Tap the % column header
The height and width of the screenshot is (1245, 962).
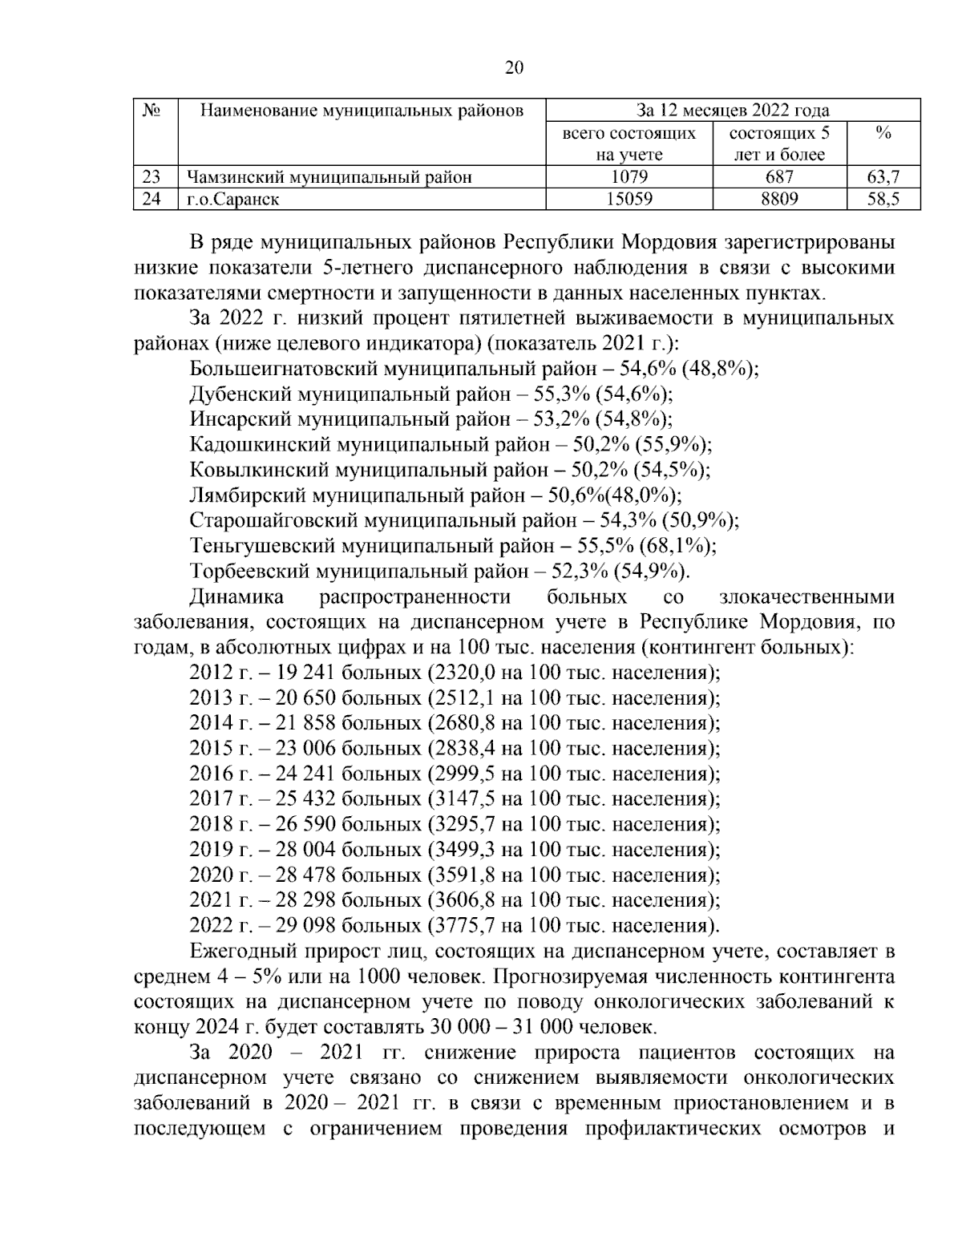click(883, 133)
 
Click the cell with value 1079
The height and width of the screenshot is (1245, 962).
click(629, 177)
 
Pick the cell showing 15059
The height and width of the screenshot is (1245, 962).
click(629, 199)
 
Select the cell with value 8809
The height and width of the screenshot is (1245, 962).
click(779, 199)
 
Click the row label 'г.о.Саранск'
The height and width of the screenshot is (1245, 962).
click(232, 199)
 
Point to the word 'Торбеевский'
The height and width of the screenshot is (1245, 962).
click(250, 572)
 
